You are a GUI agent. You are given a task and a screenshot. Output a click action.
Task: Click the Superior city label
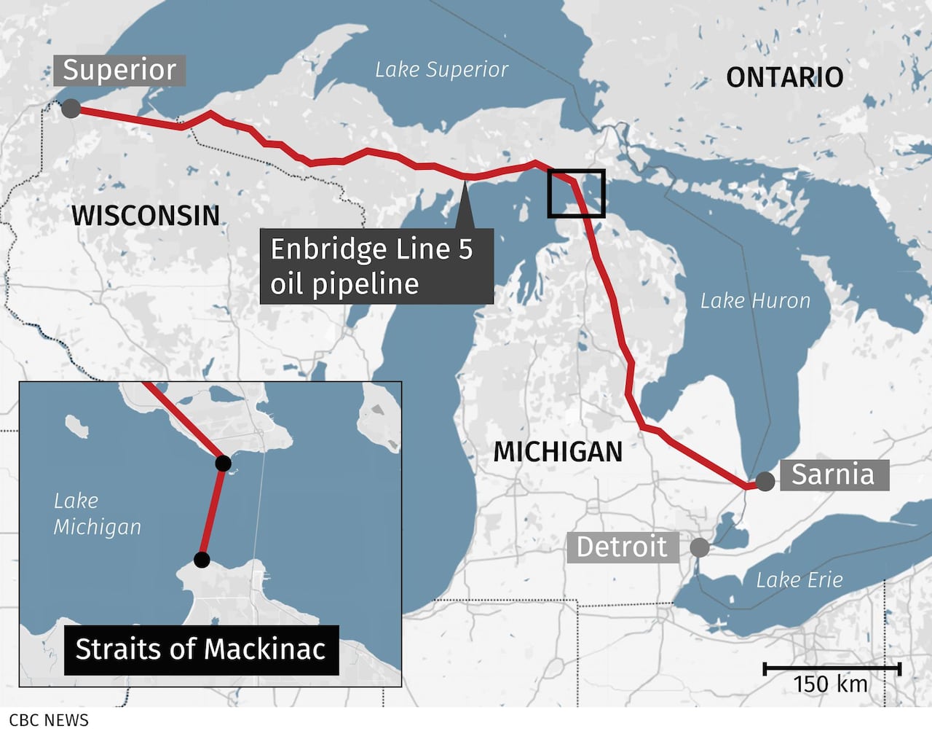(x=119, y=71)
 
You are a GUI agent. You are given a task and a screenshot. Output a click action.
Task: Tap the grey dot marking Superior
(x=71, y=109)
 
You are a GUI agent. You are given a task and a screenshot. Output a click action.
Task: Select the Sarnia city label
(x=834, y=474)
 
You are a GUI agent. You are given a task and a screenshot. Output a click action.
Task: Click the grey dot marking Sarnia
(x=765, y=481)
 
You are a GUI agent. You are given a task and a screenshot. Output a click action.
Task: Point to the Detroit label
(x=622, y=547)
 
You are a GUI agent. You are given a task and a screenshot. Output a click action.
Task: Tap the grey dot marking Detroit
(x=699, y=547)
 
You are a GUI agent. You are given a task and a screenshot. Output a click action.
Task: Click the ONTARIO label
(x=784, y=77)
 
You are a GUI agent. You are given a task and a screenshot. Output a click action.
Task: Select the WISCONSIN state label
(x=146, y=215)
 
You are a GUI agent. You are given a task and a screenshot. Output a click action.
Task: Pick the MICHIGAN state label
(x=558, y=452)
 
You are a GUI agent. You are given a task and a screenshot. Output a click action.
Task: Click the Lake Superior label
(x=441, y=69)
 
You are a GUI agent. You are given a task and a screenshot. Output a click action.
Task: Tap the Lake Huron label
(x=755, y=300)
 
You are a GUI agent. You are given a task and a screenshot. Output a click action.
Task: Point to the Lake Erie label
(x=799, y=580)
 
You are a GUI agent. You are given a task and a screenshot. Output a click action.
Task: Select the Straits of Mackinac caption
(x=200, y=649)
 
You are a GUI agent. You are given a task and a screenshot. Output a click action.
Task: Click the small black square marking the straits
(x=576, y=193)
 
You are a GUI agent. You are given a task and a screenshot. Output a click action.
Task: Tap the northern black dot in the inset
(x=224, y=463)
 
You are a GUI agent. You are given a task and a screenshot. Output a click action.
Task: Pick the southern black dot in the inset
(x=202, y=560)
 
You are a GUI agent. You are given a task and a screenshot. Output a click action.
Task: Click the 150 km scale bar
(x=832, y=669)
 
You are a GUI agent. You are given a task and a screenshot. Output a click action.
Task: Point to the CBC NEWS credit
(x=49, y=720)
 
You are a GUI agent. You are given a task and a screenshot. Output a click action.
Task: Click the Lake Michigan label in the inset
(x=97, y=514)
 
